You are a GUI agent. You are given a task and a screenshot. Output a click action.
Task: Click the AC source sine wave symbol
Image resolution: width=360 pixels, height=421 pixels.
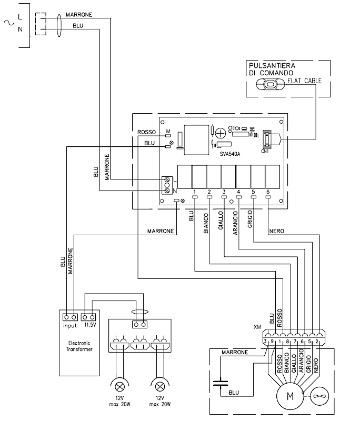[x=8, y=22]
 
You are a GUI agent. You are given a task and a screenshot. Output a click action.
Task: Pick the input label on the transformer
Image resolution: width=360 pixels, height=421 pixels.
[x=70, y=326]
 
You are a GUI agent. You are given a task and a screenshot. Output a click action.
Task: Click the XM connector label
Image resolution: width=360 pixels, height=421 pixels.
[x=257, y=327]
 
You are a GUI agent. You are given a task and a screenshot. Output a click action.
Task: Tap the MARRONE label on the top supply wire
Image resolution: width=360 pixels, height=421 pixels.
[x=79, y=15]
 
